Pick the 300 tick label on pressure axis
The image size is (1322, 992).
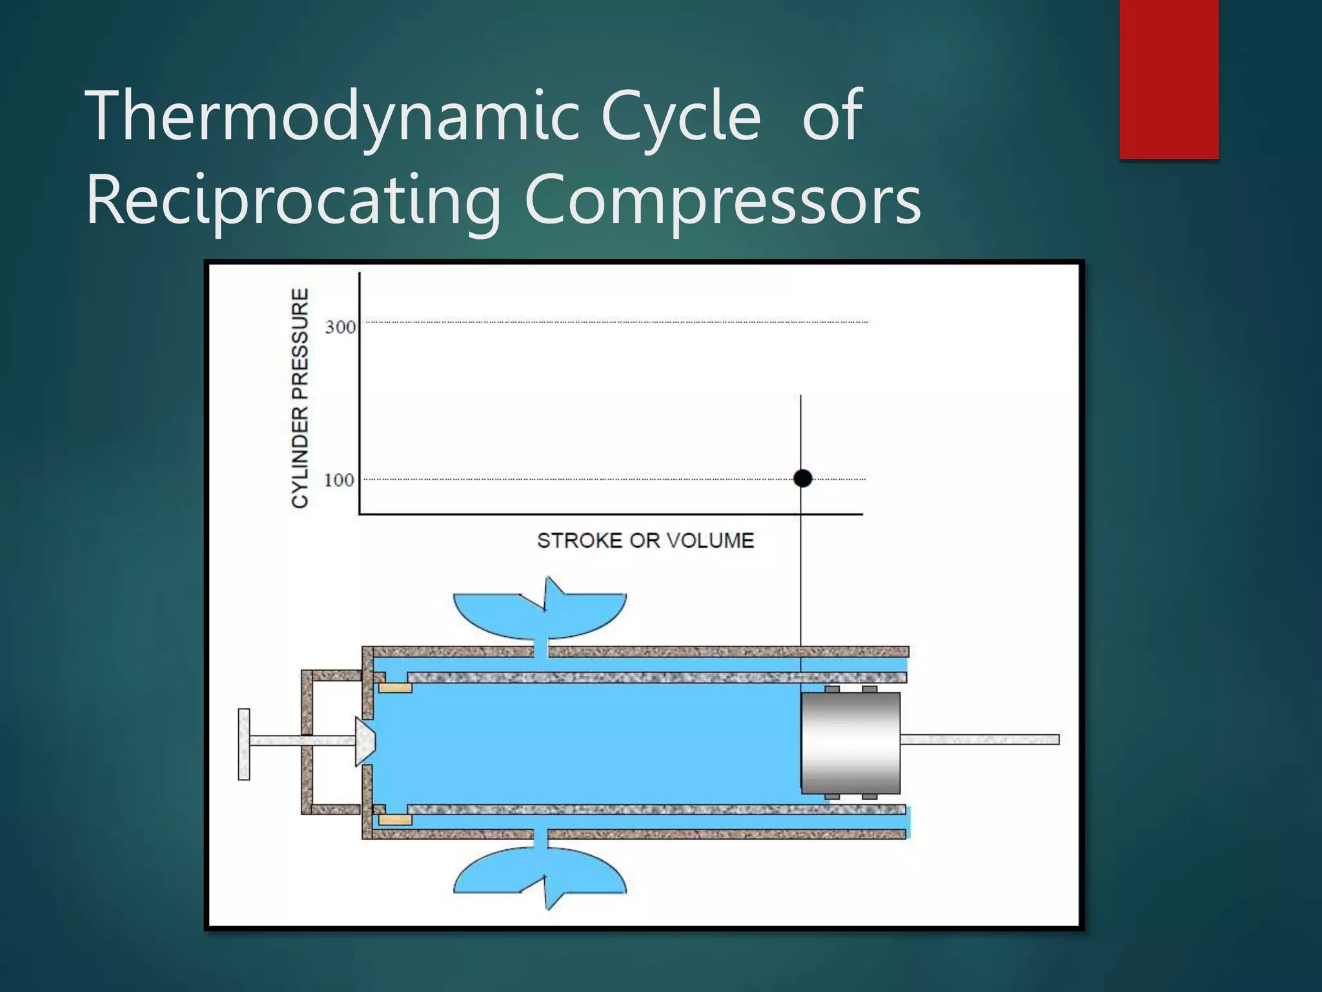(x=340, y=327)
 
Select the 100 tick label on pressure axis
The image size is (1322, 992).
(x=339, y=480)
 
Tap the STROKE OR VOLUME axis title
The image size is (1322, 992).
(x=646, y=541)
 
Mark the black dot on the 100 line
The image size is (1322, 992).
(x=802, y=479)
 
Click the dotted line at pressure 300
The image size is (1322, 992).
(x=613, y=322)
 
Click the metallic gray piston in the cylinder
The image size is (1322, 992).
(x=850, y=743)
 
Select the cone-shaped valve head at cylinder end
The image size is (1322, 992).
(x=365, y=741)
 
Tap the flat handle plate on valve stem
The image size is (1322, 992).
(x=244, y=744)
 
